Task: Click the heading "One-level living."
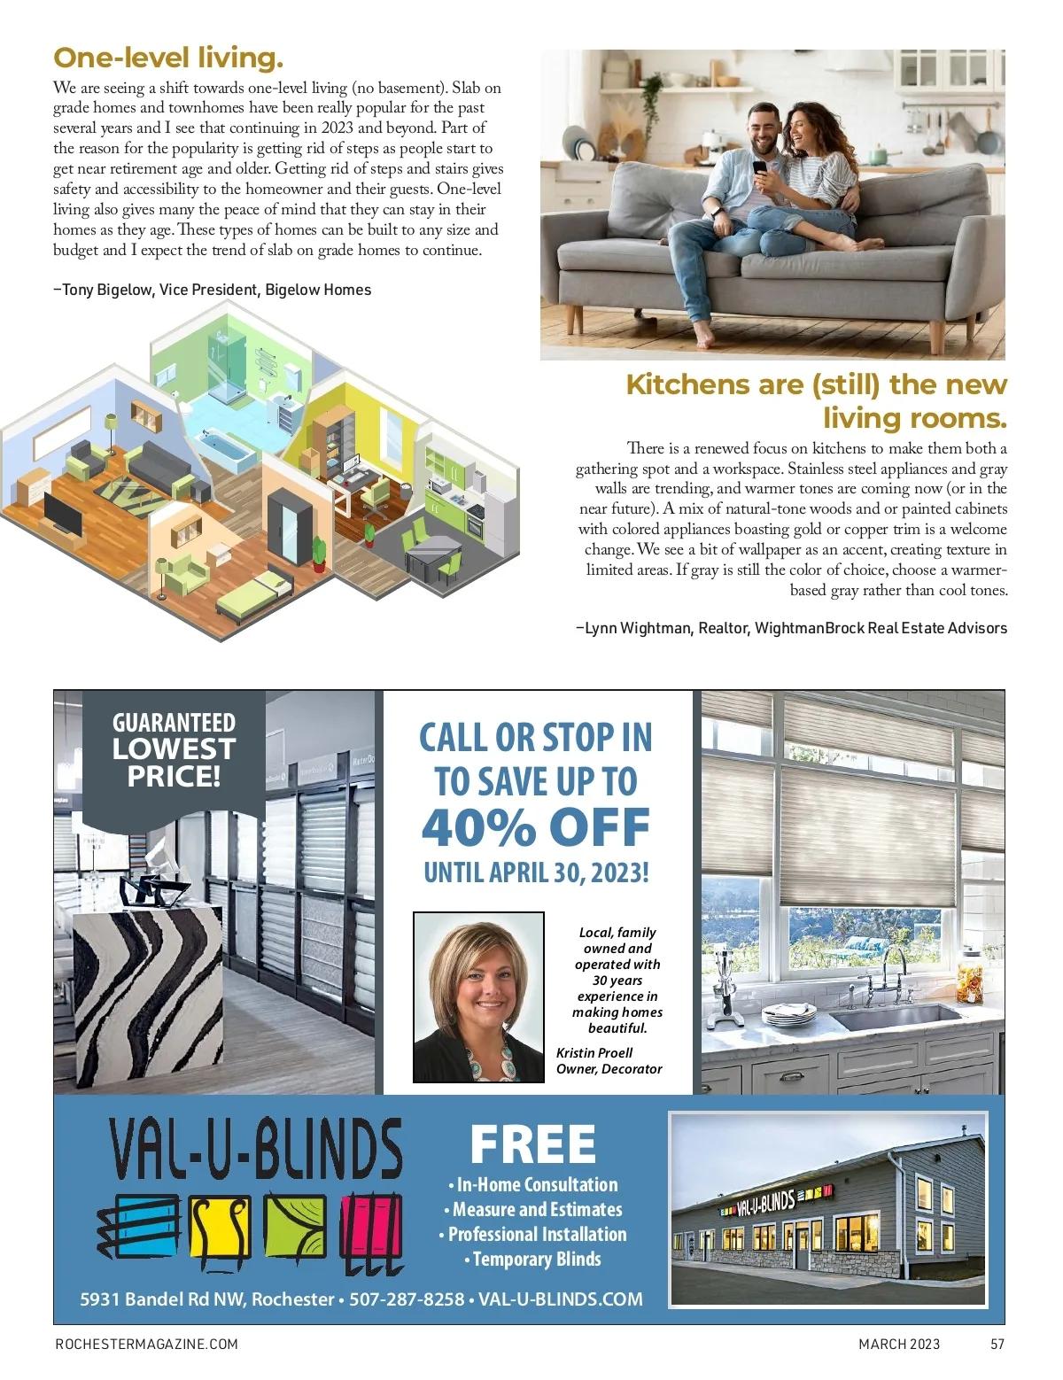click(x=168, y=58)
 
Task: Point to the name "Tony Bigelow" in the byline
click(x=107, y=290)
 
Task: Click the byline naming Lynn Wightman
click(x=791, y=628)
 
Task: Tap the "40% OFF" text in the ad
click(x=535, y=826)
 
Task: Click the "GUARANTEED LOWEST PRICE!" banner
click(x=174, y=749)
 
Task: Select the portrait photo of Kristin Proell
click(x=479, y=997)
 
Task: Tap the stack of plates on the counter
click(x=789, y=1013)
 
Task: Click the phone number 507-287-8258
click(x=407, y=1299)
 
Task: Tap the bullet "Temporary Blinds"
click(x=535, y=1259)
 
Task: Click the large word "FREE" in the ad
click(x=533, y=1144)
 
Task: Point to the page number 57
click(x=997, y=1344)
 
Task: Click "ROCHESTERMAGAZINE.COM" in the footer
click(x=146, y=1344)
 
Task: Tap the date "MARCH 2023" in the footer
click(x=899, y=1344)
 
